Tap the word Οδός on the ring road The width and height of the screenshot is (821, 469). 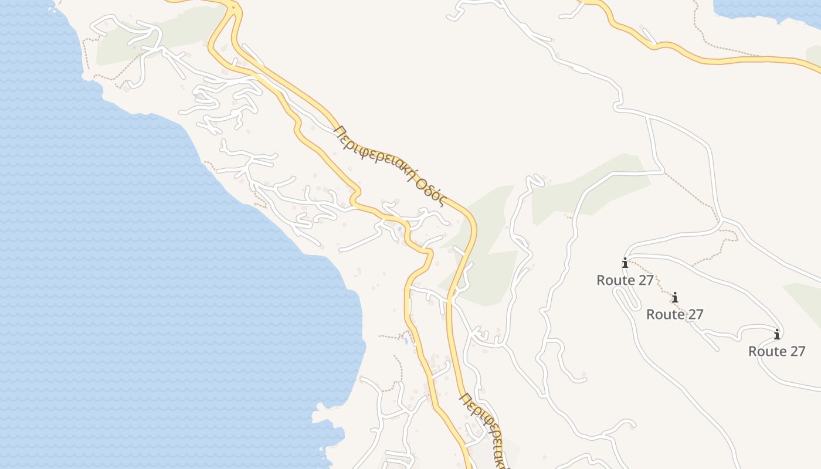(429, 190)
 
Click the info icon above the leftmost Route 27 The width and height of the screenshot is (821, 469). (625, 263)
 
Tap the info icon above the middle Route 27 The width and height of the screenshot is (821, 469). (675, 297)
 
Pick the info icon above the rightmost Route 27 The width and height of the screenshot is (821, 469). (777, 334)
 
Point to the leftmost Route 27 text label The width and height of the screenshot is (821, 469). (625, 280)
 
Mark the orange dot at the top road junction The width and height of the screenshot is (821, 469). (233, 8)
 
